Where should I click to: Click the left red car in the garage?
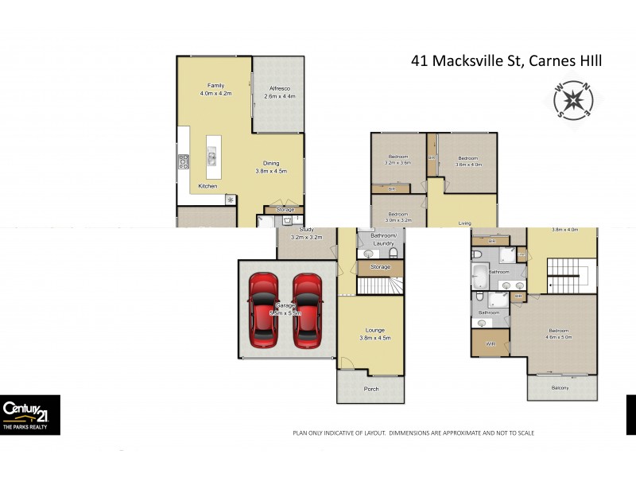click(x=263, y=310)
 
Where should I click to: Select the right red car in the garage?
click(x=307, y=310)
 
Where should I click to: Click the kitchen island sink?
click(x=212, y=157)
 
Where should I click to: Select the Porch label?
click(x=370, y=389)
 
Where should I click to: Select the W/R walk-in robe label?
click(x=490, y=344)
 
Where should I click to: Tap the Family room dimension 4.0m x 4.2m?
click(x=215, y=93)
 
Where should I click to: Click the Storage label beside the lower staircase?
click(x=381, y=267)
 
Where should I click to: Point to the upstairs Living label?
click(x=464, y=223)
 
